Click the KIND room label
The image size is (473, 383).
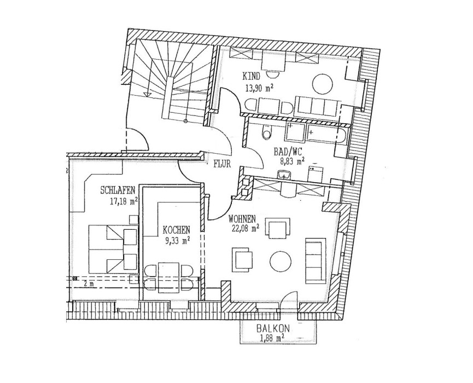click(251, 76)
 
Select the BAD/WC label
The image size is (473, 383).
click(287, 151)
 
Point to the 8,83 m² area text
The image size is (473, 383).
click(291, 162)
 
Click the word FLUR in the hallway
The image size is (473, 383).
click(222, 164)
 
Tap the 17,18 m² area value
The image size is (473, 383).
click(124, 201)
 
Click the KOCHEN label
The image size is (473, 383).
click(177, 230)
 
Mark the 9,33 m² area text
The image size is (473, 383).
click(178, 241)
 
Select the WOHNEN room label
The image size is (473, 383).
click(242, 218)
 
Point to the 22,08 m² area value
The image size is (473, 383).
click(244, 229)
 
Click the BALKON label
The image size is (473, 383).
click(273, 328)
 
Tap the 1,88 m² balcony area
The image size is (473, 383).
click(271, 338)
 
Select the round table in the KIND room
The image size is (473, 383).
click(323, 84)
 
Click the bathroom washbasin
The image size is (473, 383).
click(284, 175)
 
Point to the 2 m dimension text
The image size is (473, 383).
click(86, 283)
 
